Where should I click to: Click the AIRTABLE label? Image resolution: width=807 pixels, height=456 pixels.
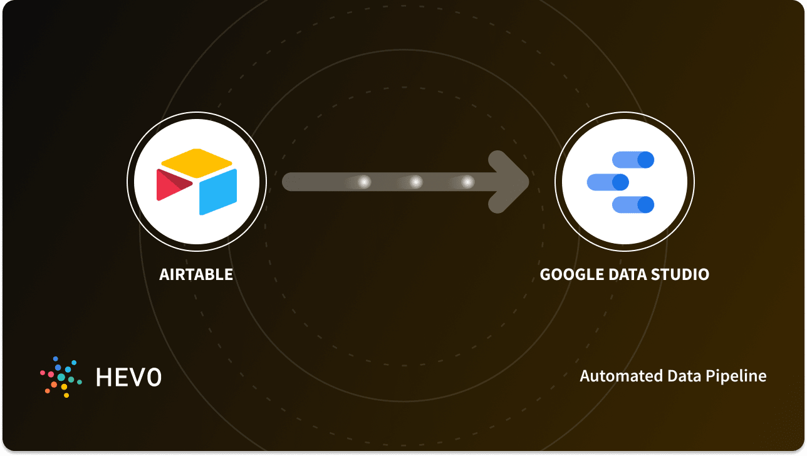tap(196, 274)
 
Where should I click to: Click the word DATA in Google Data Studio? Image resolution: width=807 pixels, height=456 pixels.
tap(627, 274)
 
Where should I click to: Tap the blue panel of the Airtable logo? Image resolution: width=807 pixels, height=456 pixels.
tap(218, 191)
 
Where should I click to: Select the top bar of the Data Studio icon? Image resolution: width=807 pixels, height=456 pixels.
tap(633, 160)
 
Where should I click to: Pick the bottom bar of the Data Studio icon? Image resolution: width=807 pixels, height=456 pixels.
tap(633, 204)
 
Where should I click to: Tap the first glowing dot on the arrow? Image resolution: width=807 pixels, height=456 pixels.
tap(364, 182)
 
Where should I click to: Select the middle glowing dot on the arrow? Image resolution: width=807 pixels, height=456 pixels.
tap(416, 182)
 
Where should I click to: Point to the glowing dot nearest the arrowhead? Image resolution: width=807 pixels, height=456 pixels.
tap(467, 182)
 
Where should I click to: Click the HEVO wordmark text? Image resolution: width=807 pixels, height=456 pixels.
tap(128, 376)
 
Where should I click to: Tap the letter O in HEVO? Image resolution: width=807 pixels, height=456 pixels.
tap(153, 376)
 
